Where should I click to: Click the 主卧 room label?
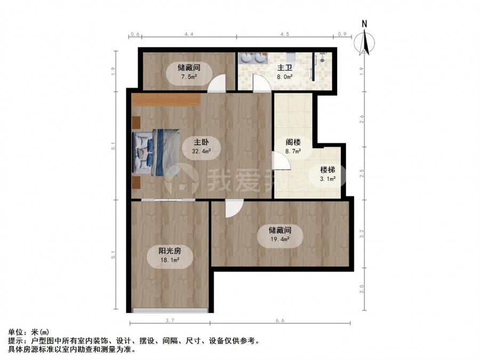[201, 142]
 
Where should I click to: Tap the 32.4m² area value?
[201, 151]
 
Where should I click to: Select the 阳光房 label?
[170, 251]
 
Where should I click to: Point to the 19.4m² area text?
[280, 239]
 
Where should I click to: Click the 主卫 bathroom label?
[285, 68]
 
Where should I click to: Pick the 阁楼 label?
[293, 142]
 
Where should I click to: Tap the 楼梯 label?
[327, 170]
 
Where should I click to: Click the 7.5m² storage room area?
[189, 76]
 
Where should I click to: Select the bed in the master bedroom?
[156, 152]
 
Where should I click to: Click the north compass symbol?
[364, 43]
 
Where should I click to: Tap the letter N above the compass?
[364, 23]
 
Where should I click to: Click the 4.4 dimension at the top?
[189, 34]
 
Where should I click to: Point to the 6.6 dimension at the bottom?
[280, 321]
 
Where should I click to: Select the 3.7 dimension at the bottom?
[170, 321]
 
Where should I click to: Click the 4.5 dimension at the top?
[285, 34]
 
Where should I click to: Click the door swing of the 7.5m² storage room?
[217, 83]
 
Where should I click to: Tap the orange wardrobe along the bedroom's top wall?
[166, 100]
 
